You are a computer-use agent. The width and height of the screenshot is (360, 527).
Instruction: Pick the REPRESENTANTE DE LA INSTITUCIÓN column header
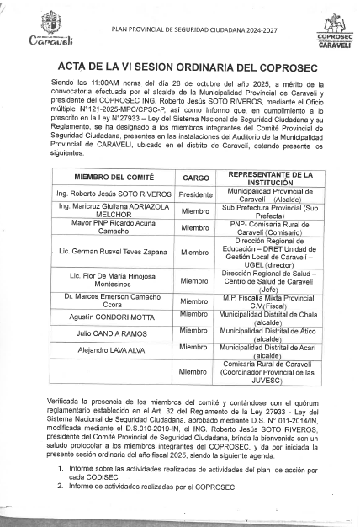click(271, 178)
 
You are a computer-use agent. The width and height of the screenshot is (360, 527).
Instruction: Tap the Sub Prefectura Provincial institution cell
click(271, 210)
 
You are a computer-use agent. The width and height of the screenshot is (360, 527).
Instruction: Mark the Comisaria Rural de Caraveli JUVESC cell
click(271, 370)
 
